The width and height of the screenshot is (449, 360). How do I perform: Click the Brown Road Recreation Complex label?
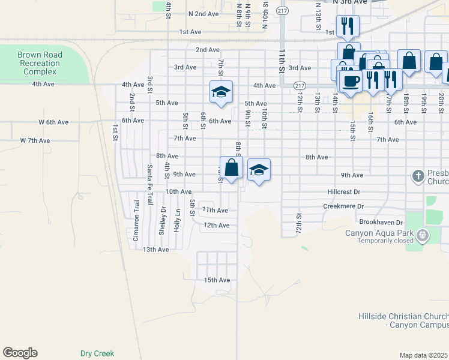point(40,63)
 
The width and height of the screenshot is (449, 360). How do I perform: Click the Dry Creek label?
point(97,353)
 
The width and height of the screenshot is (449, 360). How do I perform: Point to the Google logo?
point(20,353)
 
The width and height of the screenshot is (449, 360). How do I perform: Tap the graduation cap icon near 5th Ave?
point(221,92)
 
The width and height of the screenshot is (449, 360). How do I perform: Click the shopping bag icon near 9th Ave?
point(231,167)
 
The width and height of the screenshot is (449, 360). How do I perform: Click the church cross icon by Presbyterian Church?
point(418,176)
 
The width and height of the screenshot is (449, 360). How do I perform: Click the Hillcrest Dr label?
point(343,192)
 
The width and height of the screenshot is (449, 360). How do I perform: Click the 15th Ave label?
point(217,280)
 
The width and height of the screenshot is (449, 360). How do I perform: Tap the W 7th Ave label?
point(35,140)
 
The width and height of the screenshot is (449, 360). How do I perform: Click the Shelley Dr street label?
point(163,221)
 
